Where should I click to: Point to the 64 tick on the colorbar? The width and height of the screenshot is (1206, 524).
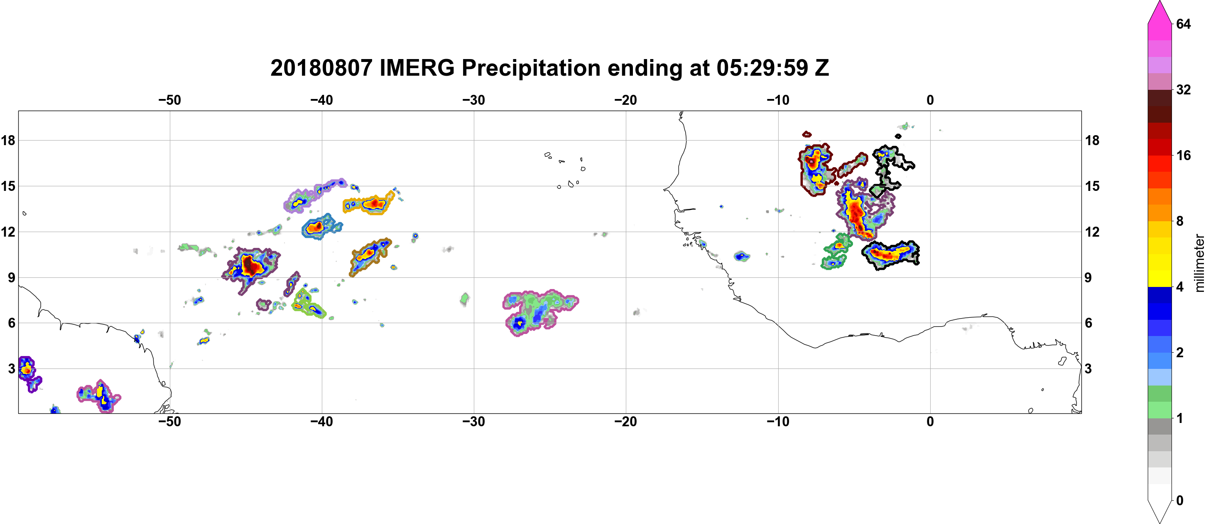[x=1183, y=24]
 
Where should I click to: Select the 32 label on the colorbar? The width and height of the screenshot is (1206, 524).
[x=1183, y=89]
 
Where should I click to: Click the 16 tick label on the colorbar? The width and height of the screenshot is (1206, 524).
[x=1183, y=156]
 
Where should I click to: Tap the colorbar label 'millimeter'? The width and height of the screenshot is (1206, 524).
[x=1199, y=263]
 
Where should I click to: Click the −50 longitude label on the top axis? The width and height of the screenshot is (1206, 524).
[x=169, y=100]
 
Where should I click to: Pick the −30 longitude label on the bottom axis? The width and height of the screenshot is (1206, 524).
[x=474, y=422]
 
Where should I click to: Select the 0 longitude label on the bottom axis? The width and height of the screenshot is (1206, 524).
[x=930, y=422]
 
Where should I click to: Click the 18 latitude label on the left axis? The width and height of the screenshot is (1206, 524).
[x=8, y=140]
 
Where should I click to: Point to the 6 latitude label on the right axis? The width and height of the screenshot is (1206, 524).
[x=1088, y=323]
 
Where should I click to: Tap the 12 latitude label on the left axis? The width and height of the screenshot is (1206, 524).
[x=8, y=232]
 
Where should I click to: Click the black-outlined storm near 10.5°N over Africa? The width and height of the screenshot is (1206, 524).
[x=890, y=255]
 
